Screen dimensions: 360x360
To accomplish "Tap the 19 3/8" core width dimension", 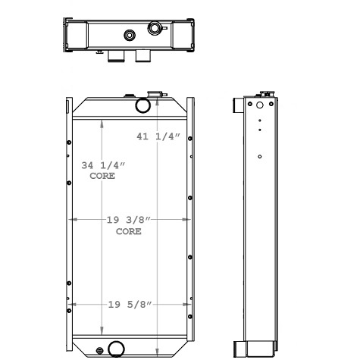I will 129,219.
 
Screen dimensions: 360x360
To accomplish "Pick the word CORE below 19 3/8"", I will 129,231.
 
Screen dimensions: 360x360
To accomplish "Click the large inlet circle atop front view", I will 142,105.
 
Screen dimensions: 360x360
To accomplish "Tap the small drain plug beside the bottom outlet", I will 102,350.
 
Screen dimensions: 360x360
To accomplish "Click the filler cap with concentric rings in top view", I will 156,28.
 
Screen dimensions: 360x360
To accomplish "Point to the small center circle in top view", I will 130,34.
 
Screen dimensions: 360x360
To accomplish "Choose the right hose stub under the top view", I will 142,57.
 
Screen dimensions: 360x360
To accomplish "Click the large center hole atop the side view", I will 260,105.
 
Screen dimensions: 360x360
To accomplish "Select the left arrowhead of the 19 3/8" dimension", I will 72,220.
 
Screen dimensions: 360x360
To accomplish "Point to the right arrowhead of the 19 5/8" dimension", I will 186,305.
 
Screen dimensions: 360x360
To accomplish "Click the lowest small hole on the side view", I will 260,157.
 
